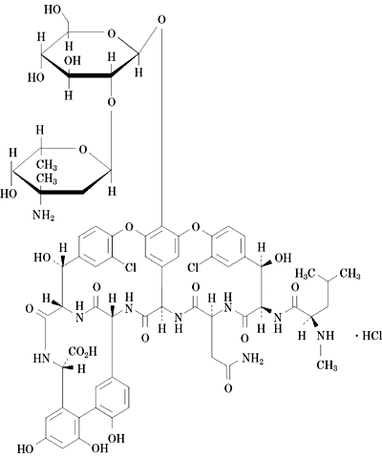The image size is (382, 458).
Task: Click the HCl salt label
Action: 371,336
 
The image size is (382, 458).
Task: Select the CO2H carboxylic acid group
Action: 82,352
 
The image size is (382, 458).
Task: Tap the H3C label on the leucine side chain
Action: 305,273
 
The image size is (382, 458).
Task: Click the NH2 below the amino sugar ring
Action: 44,216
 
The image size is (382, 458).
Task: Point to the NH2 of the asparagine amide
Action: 253,360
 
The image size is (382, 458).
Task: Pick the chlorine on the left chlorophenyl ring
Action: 130,267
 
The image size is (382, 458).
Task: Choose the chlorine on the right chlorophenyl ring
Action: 193,267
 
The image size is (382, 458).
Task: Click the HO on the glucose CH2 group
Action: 53,10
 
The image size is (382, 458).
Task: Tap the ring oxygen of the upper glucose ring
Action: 111,33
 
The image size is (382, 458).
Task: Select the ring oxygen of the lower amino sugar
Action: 83,149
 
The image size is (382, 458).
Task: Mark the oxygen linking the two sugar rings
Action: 111,102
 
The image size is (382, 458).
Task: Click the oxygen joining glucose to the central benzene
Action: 161,20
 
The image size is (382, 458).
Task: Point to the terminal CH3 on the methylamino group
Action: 327,365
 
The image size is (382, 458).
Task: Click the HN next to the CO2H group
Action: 42,359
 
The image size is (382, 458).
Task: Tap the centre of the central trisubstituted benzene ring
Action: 161,246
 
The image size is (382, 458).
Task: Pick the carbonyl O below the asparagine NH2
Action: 228,388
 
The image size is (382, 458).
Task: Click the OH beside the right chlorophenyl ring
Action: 283,258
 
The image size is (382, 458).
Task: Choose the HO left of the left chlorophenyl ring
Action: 42,258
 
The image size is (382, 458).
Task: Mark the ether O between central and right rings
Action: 196,227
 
